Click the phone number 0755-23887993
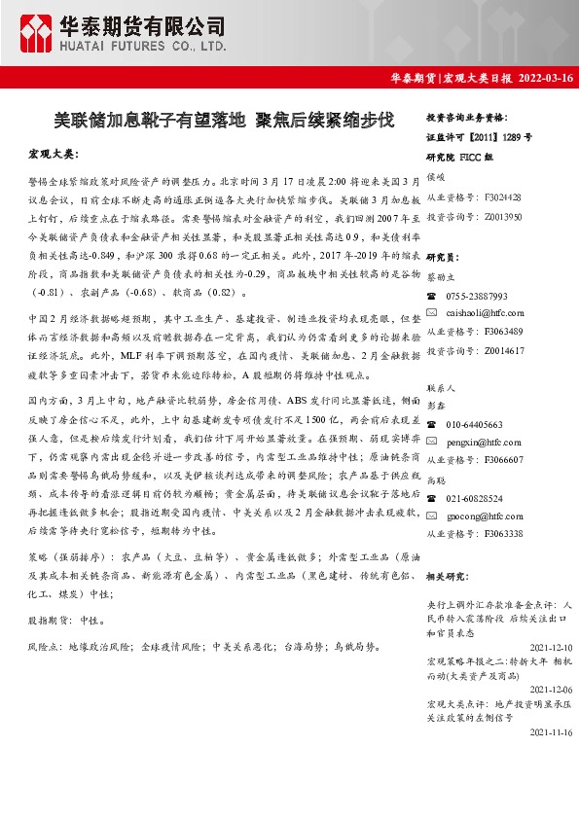point(477,296)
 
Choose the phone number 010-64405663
point(475,425)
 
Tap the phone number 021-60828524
point(475,499)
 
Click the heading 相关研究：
point(447,576)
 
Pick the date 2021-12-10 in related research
point(550,646)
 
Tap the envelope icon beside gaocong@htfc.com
point(432,516)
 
